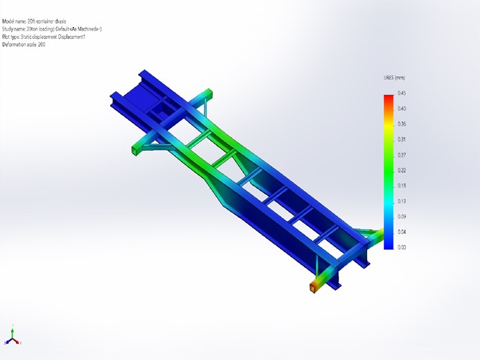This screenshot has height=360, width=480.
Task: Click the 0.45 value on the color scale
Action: tap(402, 93)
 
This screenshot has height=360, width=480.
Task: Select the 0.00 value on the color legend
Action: tap(402, 247)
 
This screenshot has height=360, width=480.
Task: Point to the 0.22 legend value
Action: tap(402, 170)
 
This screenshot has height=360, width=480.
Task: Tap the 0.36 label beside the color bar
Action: tap(402, 124)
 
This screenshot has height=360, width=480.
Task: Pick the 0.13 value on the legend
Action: tap(402, 201)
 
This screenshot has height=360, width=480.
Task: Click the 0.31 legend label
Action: tap(402, 139)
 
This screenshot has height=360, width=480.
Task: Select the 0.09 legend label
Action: tap(402, 217)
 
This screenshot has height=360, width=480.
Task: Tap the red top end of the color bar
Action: tap(389, 98)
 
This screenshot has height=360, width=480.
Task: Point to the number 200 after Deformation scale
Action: tap(42, 44)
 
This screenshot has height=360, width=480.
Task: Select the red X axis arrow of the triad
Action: tap(20, 343)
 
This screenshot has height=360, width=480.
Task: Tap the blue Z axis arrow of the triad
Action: tap(7, 343)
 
